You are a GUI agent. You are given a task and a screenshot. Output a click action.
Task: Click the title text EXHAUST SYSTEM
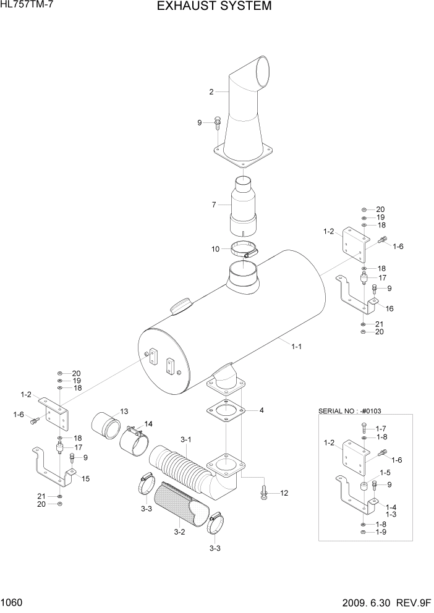[x=214, y=7]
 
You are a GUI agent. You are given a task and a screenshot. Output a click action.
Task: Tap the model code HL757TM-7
[x=26, y=6]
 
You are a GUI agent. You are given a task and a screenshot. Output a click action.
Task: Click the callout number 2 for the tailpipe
[x=211, y=92]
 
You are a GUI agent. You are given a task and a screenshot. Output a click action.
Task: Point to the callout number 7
[x=214, y=205]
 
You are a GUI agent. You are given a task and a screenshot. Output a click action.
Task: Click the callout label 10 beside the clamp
[x=216, y=249]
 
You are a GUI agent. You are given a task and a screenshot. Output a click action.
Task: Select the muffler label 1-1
[x=296, y=347]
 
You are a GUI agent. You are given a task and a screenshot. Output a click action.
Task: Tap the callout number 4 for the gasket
[x=262, y=410]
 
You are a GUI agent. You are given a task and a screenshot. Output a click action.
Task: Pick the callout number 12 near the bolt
[x=284, y=493]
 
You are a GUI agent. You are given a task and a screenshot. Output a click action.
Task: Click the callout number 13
[x=124, y=412]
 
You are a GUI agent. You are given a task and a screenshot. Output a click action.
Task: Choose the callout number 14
[x=148, y=423]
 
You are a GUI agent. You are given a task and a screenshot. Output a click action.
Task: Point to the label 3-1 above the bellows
[x=186, y=439]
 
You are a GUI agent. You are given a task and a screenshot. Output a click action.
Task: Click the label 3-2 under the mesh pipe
[x=180, y=531]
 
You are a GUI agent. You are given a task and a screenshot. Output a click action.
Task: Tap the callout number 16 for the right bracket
[x=389, y=308]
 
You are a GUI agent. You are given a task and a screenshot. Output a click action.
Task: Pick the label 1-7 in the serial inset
[x=381, y=428]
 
